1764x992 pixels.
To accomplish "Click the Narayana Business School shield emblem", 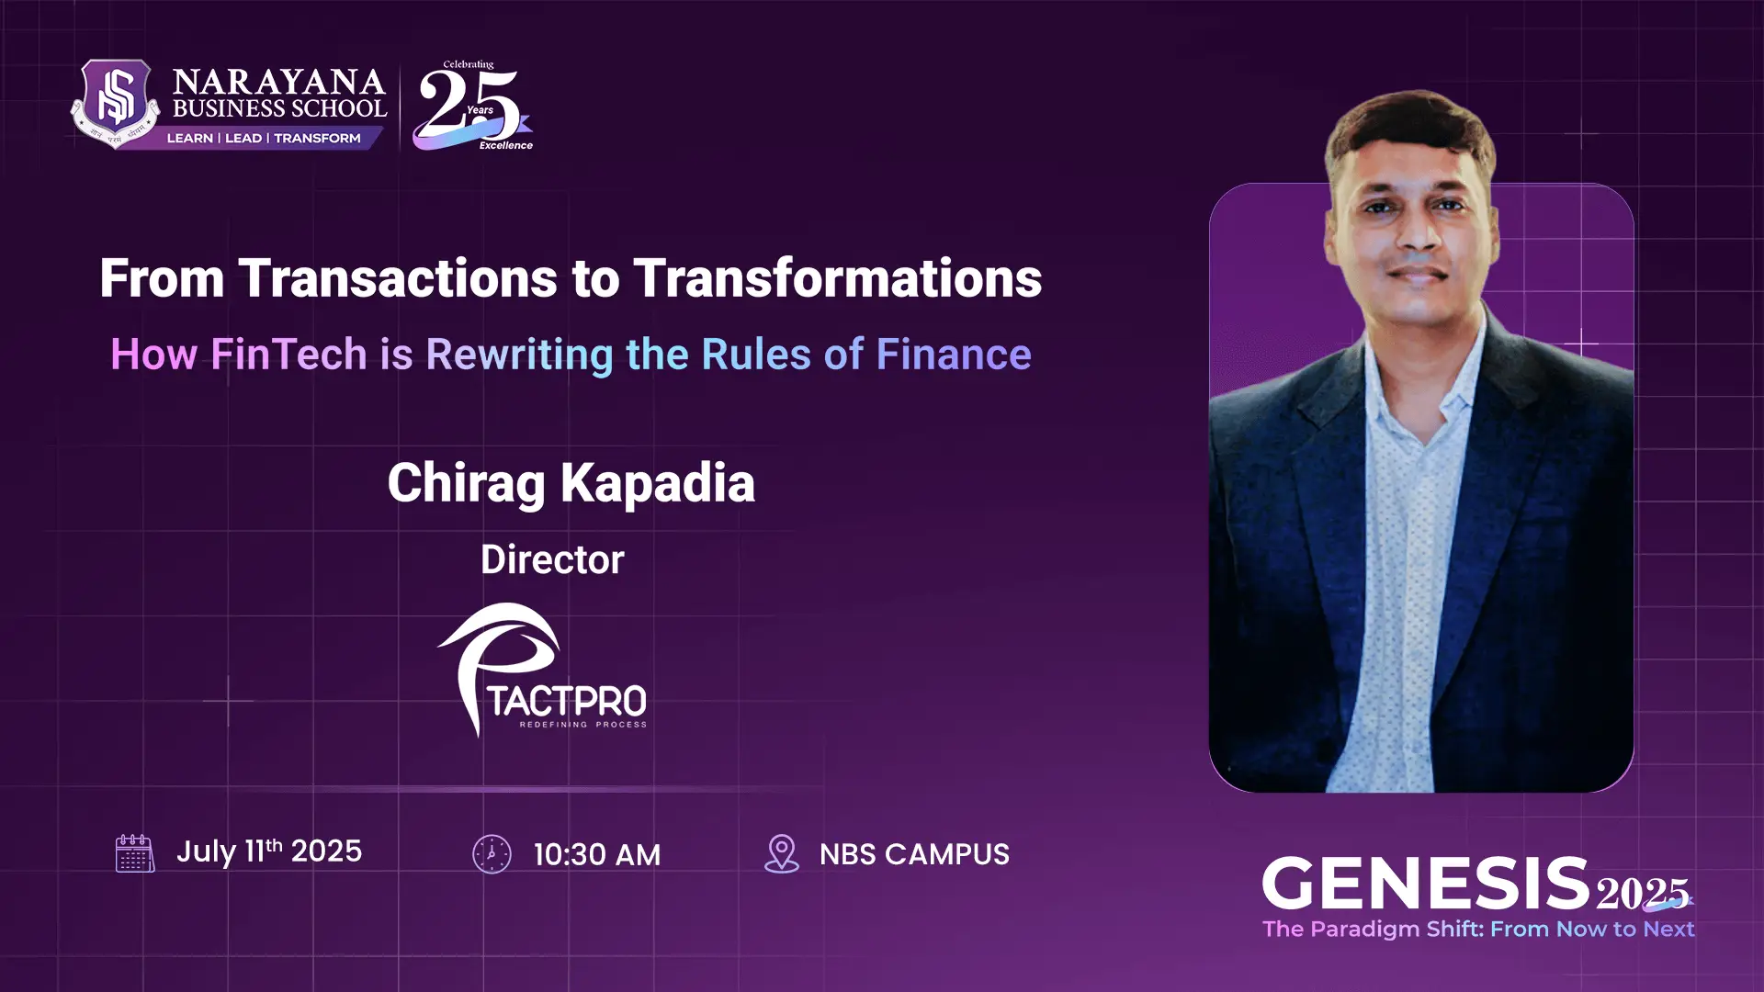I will tap(116, 103).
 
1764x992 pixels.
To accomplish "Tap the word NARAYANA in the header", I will tap(278, 83).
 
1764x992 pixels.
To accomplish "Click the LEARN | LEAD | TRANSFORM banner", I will tap(264, 138).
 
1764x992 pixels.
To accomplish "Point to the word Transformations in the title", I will tap(837, 278).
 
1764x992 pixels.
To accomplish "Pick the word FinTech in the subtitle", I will tap(288, 355).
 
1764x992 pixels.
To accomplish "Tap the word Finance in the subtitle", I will tap(954, 355).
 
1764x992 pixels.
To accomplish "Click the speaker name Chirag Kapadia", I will tap(571, 483).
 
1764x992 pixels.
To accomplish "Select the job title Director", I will tap(552, 559).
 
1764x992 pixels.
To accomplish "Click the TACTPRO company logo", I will tap(542, 671).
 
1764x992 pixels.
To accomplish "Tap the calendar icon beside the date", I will tap(134, 853).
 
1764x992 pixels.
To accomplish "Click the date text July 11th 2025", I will tap(269, 851).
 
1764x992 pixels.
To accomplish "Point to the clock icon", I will tap(492, 854).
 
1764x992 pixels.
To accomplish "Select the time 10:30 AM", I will tap(596, 855).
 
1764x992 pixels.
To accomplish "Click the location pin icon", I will tap(781, 853).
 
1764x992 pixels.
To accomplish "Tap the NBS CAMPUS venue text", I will tap(914, 854).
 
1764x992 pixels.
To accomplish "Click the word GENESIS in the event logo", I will tap(1425, 884).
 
